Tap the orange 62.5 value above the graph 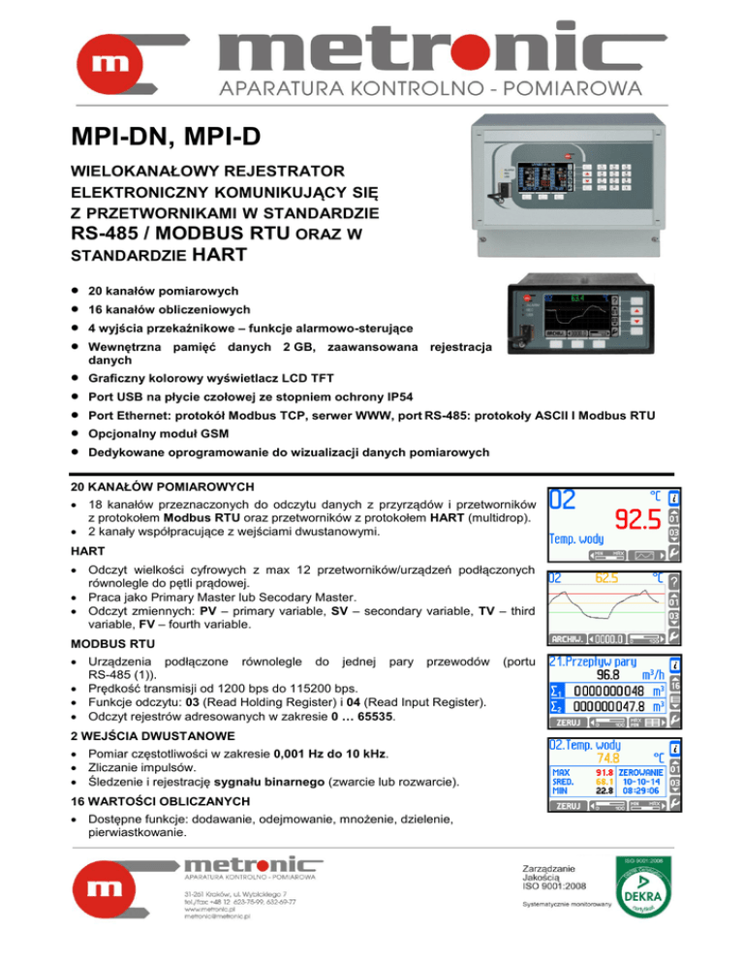click(x=606, y=578)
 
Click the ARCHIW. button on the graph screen click(x=569, y=638)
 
